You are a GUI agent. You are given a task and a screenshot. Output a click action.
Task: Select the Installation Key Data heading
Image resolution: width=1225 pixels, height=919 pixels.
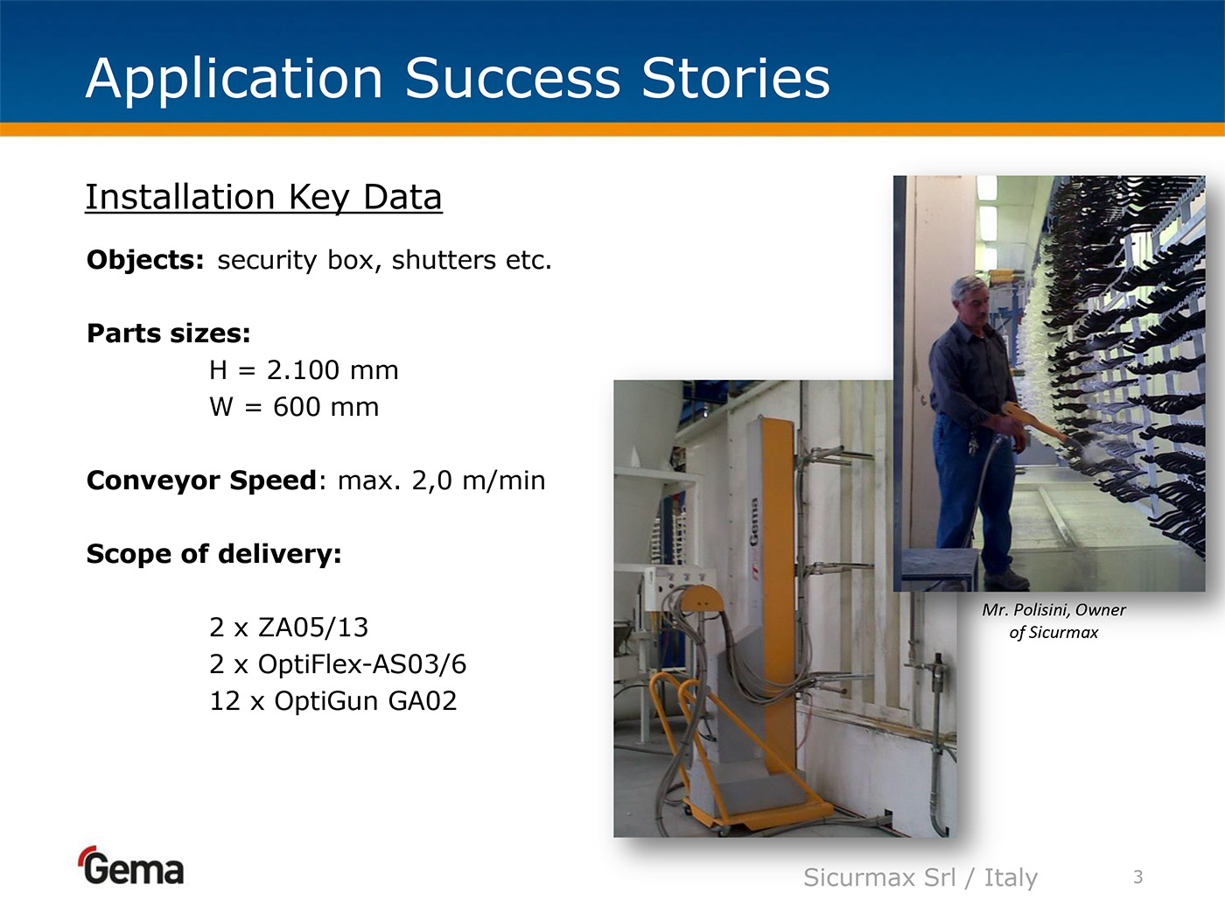tap(263, 197)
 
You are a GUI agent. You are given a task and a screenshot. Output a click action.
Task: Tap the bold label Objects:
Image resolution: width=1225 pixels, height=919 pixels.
tap(145, 259)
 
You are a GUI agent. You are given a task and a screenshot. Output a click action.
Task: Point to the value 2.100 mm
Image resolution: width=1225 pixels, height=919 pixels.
tap(332, 370)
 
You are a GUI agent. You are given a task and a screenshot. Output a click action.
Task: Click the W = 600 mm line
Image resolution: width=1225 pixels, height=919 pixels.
tap(294, 407)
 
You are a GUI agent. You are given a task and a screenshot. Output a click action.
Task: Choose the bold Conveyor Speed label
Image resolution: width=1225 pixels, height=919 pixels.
tap(201, 480)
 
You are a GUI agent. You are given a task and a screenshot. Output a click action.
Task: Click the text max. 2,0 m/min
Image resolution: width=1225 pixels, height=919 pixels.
tap(442, 480)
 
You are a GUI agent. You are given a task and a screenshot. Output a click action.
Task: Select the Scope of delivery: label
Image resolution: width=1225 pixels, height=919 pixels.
tap(213, 554)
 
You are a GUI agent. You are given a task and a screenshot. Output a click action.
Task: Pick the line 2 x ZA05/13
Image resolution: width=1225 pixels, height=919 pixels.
tap(289, 628)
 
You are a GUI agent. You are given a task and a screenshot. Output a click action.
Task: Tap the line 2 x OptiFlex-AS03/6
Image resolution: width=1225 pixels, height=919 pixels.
tap(338, 664)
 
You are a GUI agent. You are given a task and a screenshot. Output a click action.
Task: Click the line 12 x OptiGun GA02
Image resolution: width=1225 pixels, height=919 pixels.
tap(333, 701)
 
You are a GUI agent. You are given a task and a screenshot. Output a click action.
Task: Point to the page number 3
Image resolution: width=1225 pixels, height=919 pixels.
tap(1138, 877)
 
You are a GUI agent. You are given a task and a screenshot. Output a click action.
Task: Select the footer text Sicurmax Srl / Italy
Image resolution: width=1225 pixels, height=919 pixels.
tap(920, 878)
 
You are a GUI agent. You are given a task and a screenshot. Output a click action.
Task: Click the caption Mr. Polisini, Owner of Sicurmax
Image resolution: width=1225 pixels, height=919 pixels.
tap(1053, 621)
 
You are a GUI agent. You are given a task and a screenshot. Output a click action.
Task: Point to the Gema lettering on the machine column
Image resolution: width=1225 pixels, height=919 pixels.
tap(753, 523)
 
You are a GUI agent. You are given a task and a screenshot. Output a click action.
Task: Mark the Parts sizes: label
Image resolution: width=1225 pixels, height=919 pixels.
tap(169, 333)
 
